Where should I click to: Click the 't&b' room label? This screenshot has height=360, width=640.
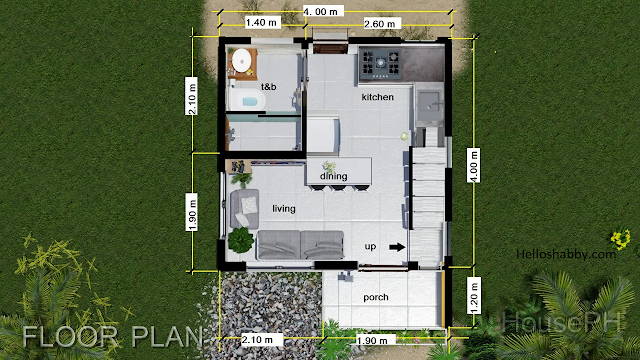pos(269,87)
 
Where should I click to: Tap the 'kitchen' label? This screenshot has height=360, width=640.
pos(378,97)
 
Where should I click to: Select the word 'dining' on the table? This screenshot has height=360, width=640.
pos(333,176)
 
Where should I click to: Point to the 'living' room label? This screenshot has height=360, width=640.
pos(284,209)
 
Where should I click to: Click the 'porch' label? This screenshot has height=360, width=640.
pos(376,297)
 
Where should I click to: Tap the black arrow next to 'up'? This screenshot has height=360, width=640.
pos(397,247)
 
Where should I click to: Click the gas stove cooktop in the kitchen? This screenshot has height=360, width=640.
pos(381,64)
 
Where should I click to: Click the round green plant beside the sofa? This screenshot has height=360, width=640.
pos(241,239)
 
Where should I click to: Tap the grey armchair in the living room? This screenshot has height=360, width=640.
pos(244,209)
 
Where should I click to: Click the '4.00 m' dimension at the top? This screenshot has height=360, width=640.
pos(321,11)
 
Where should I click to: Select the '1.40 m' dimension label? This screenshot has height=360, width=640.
pos(261,22)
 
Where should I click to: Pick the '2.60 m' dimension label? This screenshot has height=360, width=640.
pos(380,24)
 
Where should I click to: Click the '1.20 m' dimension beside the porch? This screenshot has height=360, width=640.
pos(474,295)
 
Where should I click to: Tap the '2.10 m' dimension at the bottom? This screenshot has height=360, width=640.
pos(257,340)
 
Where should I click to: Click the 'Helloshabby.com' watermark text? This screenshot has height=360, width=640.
pos(566,254)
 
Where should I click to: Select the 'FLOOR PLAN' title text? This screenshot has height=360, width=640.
pos(112,337)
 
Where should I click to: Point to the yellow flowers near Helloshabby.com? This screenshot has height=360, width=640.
pos(620,239)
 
